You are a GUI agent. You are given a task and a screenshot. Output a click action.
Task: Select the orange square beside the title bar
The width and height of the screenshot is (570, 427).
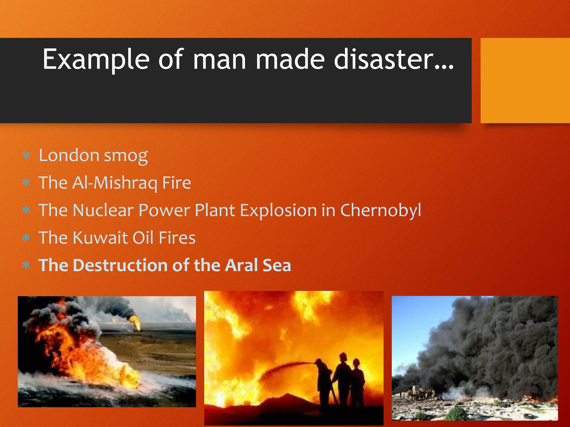525,81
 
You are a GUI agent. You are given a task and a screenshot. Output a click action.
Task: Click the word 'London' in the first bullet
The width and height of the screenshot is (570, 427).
69,155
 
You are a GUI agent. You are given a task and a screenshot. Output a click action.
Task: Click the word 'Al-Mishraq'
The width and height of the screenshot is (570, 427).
114,183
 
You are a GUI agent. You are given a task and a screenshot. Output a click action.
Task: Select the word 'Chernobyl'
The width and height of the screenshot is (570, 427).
380,210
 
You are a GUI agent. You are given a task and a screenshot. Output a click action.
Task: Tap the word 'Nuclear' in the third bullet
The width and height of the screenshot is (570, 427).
103,210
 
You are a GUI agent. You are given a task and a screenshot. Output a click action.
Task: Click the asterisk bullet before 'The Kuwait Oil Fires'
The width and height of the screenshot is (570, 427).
26,238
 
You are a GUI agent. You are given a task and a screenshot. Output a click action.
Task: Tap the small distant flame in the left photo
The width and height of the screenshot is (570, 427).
136,322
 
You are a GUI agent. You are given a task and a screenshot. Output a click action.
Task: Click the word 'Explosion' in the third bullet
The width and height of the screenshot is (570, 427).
278,210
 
